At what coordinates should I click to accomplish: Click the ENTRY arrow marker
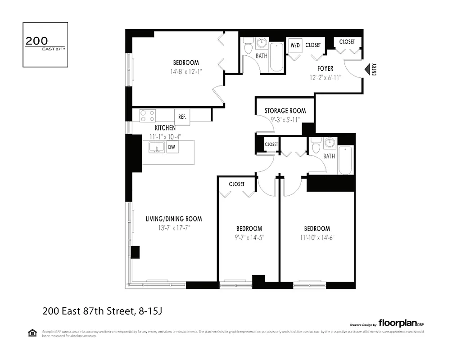367,70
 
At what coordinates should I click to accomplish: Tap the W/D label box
295,45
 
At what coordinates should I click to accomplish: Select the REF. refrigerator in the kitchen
182,117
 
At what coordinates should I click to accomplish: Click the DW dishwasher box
172,147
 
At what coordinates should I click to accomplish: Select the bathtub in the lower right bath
346,161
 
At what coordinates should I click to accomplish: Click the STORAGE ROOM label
285,111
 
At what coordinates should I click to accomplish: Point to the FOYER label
326,68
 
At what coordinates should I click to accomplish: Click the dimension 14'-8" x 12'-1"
186,71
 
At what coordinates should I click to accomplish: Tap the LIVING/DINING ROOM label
173,219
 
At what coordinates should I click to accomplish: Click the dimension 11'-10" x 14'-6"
317,237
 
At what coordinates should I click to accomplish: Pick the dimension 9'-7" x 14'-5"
249,237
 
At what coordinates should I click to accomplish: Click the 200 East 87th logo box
45,45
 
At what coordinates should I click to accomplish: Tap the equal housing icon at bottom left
32,333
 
